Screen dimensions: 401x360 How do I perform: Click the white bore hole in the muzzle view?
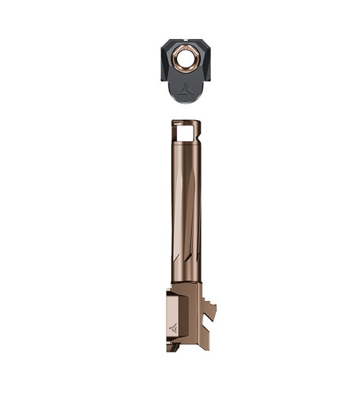186,59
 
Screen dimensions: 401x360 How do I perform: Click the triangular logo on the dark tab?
185,88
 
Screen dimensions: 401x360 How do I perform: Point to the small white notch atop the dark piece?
186,40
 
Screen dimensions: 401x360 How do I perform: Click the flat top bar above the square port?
186,122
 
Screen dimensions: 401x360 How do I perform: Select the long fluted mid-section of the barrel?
186,209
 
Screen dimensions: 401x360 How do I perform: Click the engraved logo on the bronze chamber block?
174,328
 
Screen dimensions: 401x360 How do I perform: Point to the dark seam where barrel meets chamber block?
186,282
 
